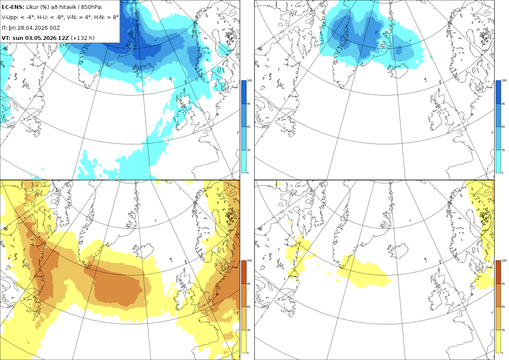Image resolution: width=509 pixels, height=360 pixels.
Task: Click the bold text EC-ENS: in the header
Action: coord(13,7)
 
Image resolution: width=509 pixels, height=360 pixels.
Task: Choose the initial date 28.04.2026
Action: coord(32,28)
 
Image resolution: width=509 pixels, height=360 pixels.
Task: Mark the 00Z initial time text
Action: coord(54,28)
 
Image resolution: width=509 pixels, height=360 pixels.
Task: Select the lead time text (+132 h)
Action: coord(82,38)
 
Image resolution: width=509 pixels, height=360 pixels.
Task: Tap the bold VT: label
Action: coord(6,38)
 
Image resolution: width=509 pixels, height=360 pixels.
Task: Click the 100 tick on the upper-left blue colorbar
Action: coord(249,81)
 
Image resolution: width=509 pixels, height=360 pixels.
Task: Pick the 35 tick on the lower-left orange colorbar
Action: coord(249,330)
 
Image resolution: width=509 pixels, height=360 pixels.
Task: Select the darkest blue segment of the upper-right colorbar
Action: coord(498,92)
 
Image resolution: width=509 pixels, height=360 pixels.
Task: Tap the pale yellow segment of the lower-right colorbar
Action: coord(498,341)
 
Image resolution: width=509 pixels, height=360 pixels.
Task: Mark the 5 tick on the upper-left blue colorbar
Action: coord(248,173)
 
